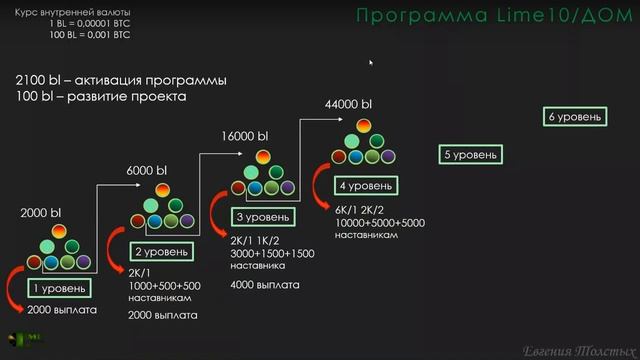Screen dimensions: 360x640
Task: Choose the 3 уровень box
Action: (x=264, y=217)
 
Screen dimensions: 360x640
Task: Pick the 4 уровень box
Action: (x=365, y=186)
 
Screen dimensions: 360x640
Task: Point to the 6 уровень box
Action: (x=575, y=118)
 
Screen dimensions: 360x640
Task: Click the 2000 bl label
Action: (x=41, y=212)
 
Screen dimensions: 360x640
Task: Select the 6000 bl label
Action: (x=146, y=170)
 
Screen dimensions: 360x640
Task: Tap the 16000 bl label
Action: (x=244, y=136)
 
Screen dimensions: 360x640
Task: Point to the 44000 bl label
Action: (x=349, y=104)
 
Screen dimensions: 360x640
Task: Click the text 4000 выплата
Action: (x=264, y=285)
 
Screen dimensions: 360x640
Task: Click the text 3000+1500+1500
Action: (x=272, y=254)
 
